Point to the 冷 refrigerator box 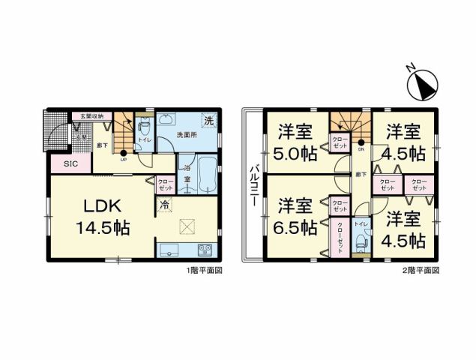click(163, 204)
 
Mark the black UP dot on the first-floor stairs click(124, 154)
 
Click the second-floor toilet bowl click(361, 241)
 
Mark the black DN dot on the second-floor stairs click(361, 142)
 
